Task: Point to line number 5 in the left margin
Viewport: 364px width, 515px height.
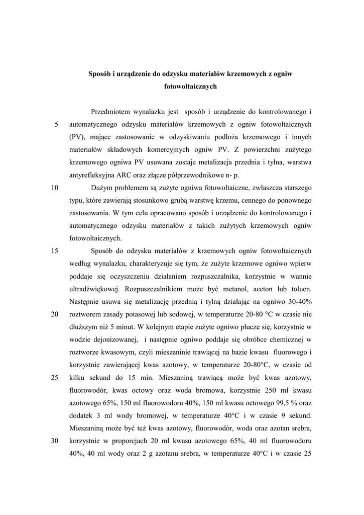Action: point(57,124)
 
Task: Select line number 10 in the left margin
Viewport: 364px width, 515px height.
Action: point(55,188)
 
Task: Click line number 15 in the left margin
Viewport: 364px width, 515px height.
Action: point(55,251)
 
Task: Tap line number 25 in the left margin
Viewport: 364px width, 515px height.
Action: point(55,378)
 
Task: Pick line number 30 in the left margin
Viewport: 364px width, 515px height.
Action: point(55,441)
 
